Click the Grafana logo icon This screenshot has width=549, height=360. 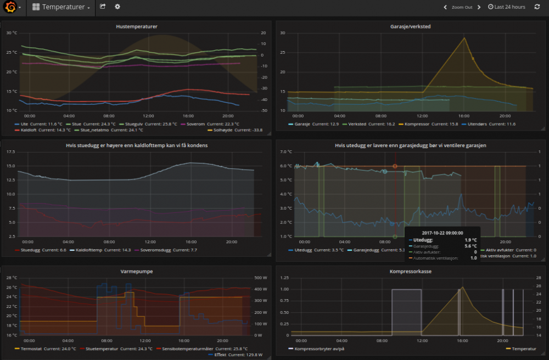[x=10, y=7]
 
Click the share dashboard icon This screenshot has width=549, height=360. [x=103, y=7]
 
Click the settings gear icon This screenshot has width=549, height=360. [x=117, y=7]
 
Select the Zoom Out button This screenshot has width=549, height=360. [x=462, y=7]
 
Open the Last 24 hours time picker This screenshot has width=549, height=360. [x=506, y=7]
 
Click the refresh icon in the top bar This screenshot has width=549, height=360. [x=537, y=7]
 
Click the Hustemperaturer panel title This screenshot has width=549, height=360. [x=137, y=26]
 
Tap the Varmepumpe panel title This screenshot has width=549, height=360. [x=137, y=271]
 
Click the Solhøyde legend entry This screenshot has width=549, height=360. [x=225, y=130]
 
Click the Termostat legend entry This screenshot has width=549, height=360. [x=32, y=348]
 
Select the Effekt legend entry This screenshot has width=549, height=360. [x=220, y=355]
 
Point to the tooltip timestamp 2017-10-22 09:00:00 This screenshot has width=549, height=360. [x=442, y=233]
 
